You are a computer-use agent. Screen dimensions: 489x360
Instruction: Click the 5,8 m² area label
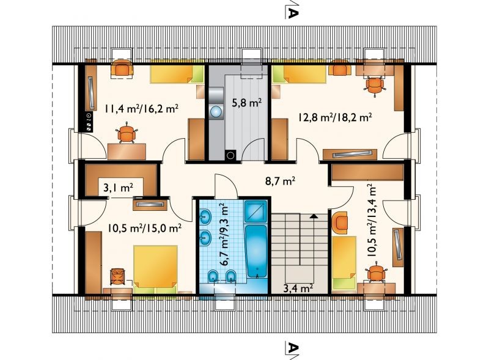pos(246,103)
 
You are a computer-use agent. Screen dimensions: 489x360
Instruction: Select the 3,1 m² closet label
pos(118,188)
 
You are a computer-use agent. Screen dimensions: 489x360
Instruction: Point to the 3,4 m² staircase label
pos(298,288)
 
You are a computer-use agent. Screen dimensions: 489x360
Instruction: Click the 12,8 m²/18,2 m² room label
pos(334,117)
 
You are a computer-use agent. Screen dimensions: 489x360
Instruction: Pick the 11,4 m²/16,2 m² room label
pos(142,109)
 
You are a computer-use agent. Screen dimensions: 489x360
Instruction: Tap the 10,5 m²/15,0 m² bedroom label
pos(145,228)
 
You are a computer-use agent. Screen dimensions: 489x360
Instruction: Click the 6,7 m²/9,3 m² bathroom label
pos(224,233)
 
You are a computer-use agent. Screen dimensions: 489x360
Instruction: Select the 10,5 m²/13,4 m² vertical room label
pos(372,220)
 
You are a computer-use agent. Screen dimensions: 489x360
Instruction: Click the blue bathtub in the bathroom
pos(256,251)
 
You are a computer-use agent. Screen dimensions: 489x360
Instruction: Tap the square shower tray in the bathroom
pos(256,211)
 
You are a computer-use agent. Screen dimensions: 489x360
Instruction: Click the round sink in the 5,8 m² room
pos(216,112)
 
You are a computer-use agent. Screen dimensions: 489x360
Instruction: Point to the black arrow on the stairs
pos(314,216)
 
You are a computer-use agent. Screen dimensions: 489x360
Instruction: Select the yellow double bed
pos(155,266)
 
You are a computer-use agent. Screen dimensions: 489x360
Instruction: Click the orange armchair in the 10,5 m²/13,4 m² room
pos(340,222)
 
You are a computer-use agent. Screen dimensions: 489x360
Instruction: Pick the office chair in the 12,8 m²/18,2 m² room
pos(374,86)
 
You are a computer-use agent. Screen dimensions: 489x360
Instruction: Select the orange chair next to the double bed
pos(117,276)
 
